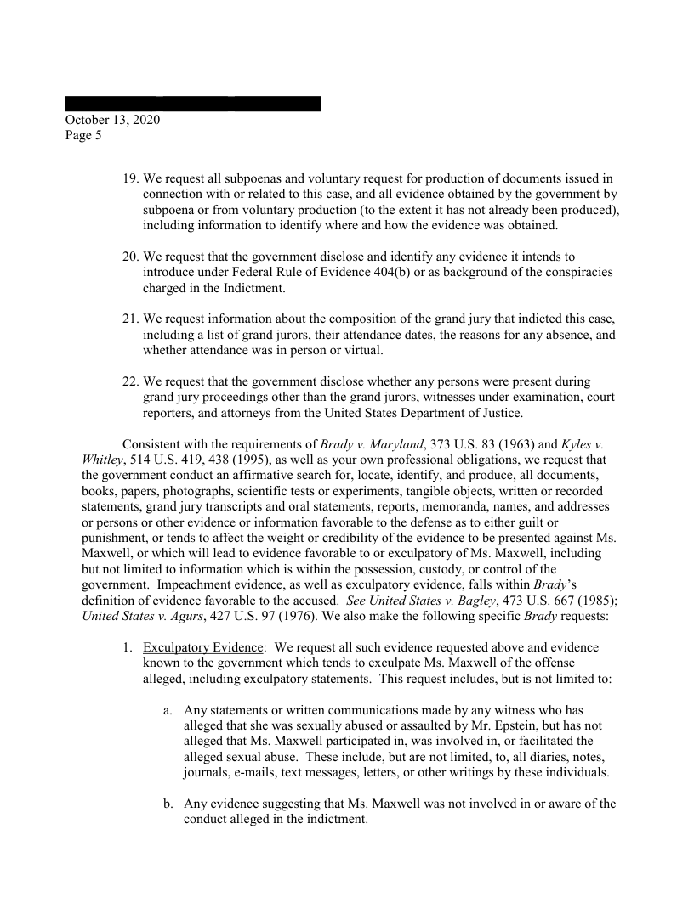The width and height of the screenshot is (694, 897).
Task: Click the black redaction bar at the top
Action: (x=193, y=104)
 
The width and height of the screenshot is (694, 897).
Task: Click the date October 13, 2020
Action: (x=112, y=120)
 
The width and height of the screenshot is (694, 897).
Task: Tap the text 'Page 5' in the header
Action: (x=83, y=134)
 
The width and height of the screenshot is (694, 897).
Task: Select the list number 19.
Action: (x=131, y=179)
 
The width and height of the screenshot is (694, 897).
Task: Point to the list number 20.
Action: (x=131, y=256)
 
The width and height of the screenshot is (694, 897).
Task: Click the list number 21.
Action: (x=131, y=319)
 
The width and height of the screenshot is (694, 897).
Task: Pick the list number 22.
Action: (x=131, y=381)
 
